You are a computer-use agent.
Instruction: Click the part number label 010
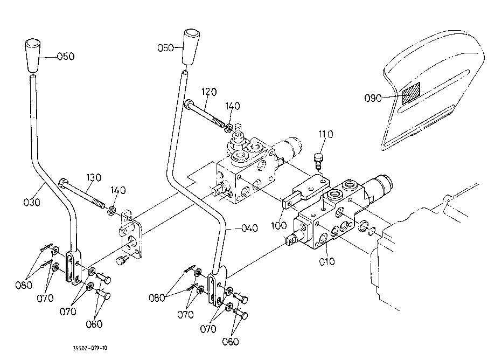[x=327, y=261]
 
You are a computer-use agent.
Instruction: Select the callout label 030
[x=32, y=202]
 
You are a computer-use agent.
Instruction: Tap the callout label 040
[x=249, y=227]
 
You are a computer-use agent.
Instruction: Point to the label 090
[x=373, y=98]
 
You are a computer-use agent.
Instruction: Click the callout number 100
[x=279, y=225]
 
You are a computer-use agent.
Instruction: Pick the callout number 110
[x=326, y=135]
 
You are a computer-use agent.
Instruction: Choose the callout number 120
[x=209, y=92]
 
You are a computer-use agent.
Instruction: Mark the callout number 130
[x=93, y=177]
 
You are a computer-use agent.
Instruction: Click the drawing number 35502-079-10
[x=90, y=348]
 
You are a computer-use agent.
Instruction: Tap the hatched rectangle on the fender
[x=411, y=93]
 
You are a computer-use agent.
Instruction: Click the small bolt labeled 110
[x=318, y=161]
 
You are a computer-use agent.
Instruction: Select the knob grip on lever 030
[x=33, y=56]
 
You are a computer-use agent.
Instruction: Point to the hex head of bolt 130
[x=62, y=183]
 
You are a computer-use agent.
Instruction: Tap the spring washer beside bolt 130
[x=111, y=211]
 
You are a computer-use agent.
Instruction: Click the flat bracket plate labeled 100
[x=305, y=191]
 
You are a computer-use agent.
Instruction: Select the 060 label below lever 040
[x=231, y=341]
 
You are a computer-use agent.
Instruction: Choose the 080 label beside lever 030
[x=24, y=285]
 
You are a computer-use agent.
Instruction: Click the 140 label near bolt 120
[x=233, y=106]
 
